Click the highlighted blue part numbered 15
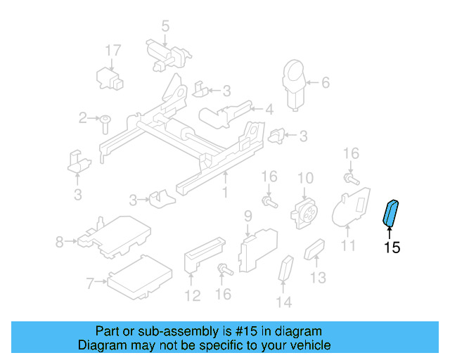click(x=390, y=213)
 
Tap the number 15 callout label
click(x=392, y=247)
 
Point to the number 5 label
click(x=165, y=27)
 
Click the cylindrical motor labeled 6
click(x=292, y=84)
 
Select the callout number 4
click(x=269, y=109)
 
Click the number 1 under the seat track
click(x=225, y=191)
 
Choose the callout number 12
click(x=192, y=295)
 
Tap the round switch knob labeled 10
click(x=304, y=209)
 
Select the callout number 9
click(x=247, y=214)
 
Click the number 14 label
click(x=283, y=303)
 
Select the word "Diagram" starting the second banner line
click(x=103, y=345)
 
